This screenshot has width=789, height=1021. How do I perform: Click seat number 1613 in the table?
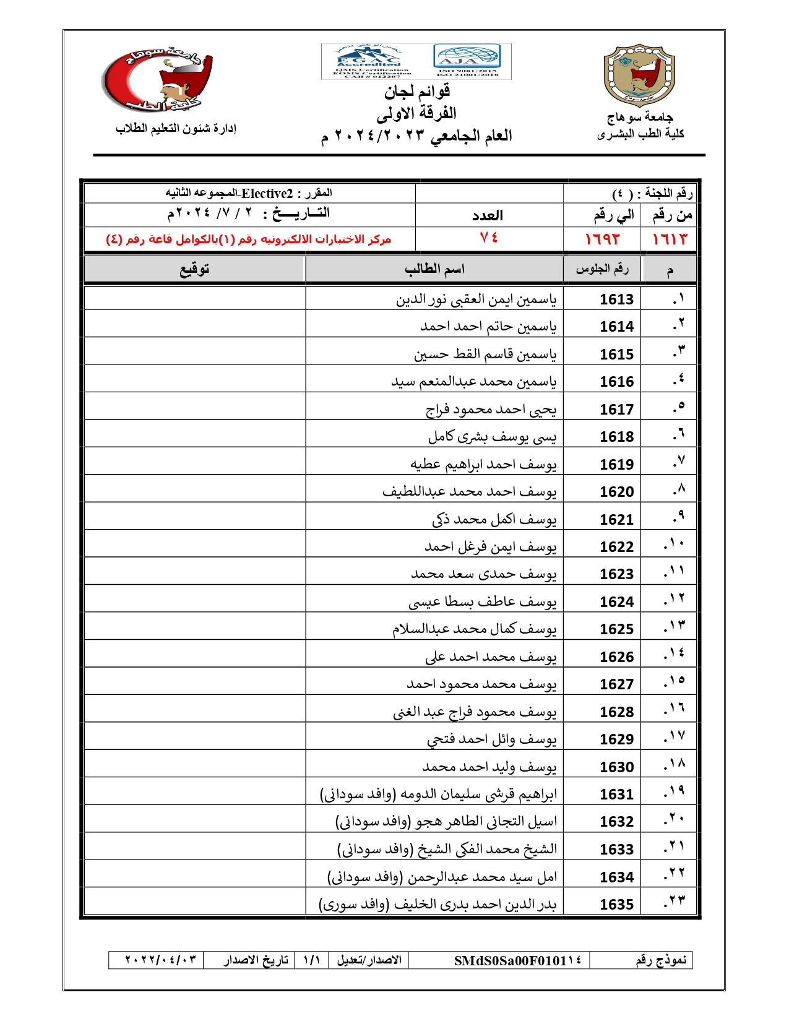[616, 299]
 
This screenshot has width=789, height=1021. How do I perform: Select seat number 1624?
[616, 602]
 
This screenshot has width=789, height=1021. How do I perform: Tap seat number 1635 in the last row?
[616, 905]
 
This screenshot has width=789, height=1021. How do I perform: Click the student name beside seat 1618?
[492, 437]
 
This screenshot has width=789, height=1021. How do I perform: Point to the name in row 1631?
[438, 795]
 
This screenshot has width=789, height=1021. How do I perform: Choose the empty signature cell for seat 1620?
[194, 492]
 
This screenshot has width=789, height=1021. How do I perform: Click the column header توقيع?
[194, 269]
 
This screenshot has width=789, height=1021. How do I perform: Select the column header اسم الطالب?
[434, 269]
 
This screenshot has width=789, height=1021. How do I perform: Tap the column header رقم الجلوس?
[602, 269]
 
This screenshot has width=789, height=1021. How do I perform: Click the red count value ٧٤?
[489, 239]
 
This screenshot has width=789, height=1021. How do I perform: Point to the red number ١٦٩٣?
[602, 239]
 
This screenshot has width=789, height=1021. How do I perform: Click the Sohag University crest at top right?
[639, 75]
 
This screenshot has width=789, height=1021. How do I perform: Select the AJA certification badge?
[467, 61]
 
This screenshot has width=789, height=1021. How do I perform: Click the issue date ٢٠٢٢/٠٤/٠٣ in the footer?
[161, 960]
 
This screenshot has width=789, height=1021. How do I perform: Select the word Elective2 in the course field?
[267, 194]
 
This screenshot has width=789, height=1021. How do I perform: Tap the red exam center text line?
[248, 239]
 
